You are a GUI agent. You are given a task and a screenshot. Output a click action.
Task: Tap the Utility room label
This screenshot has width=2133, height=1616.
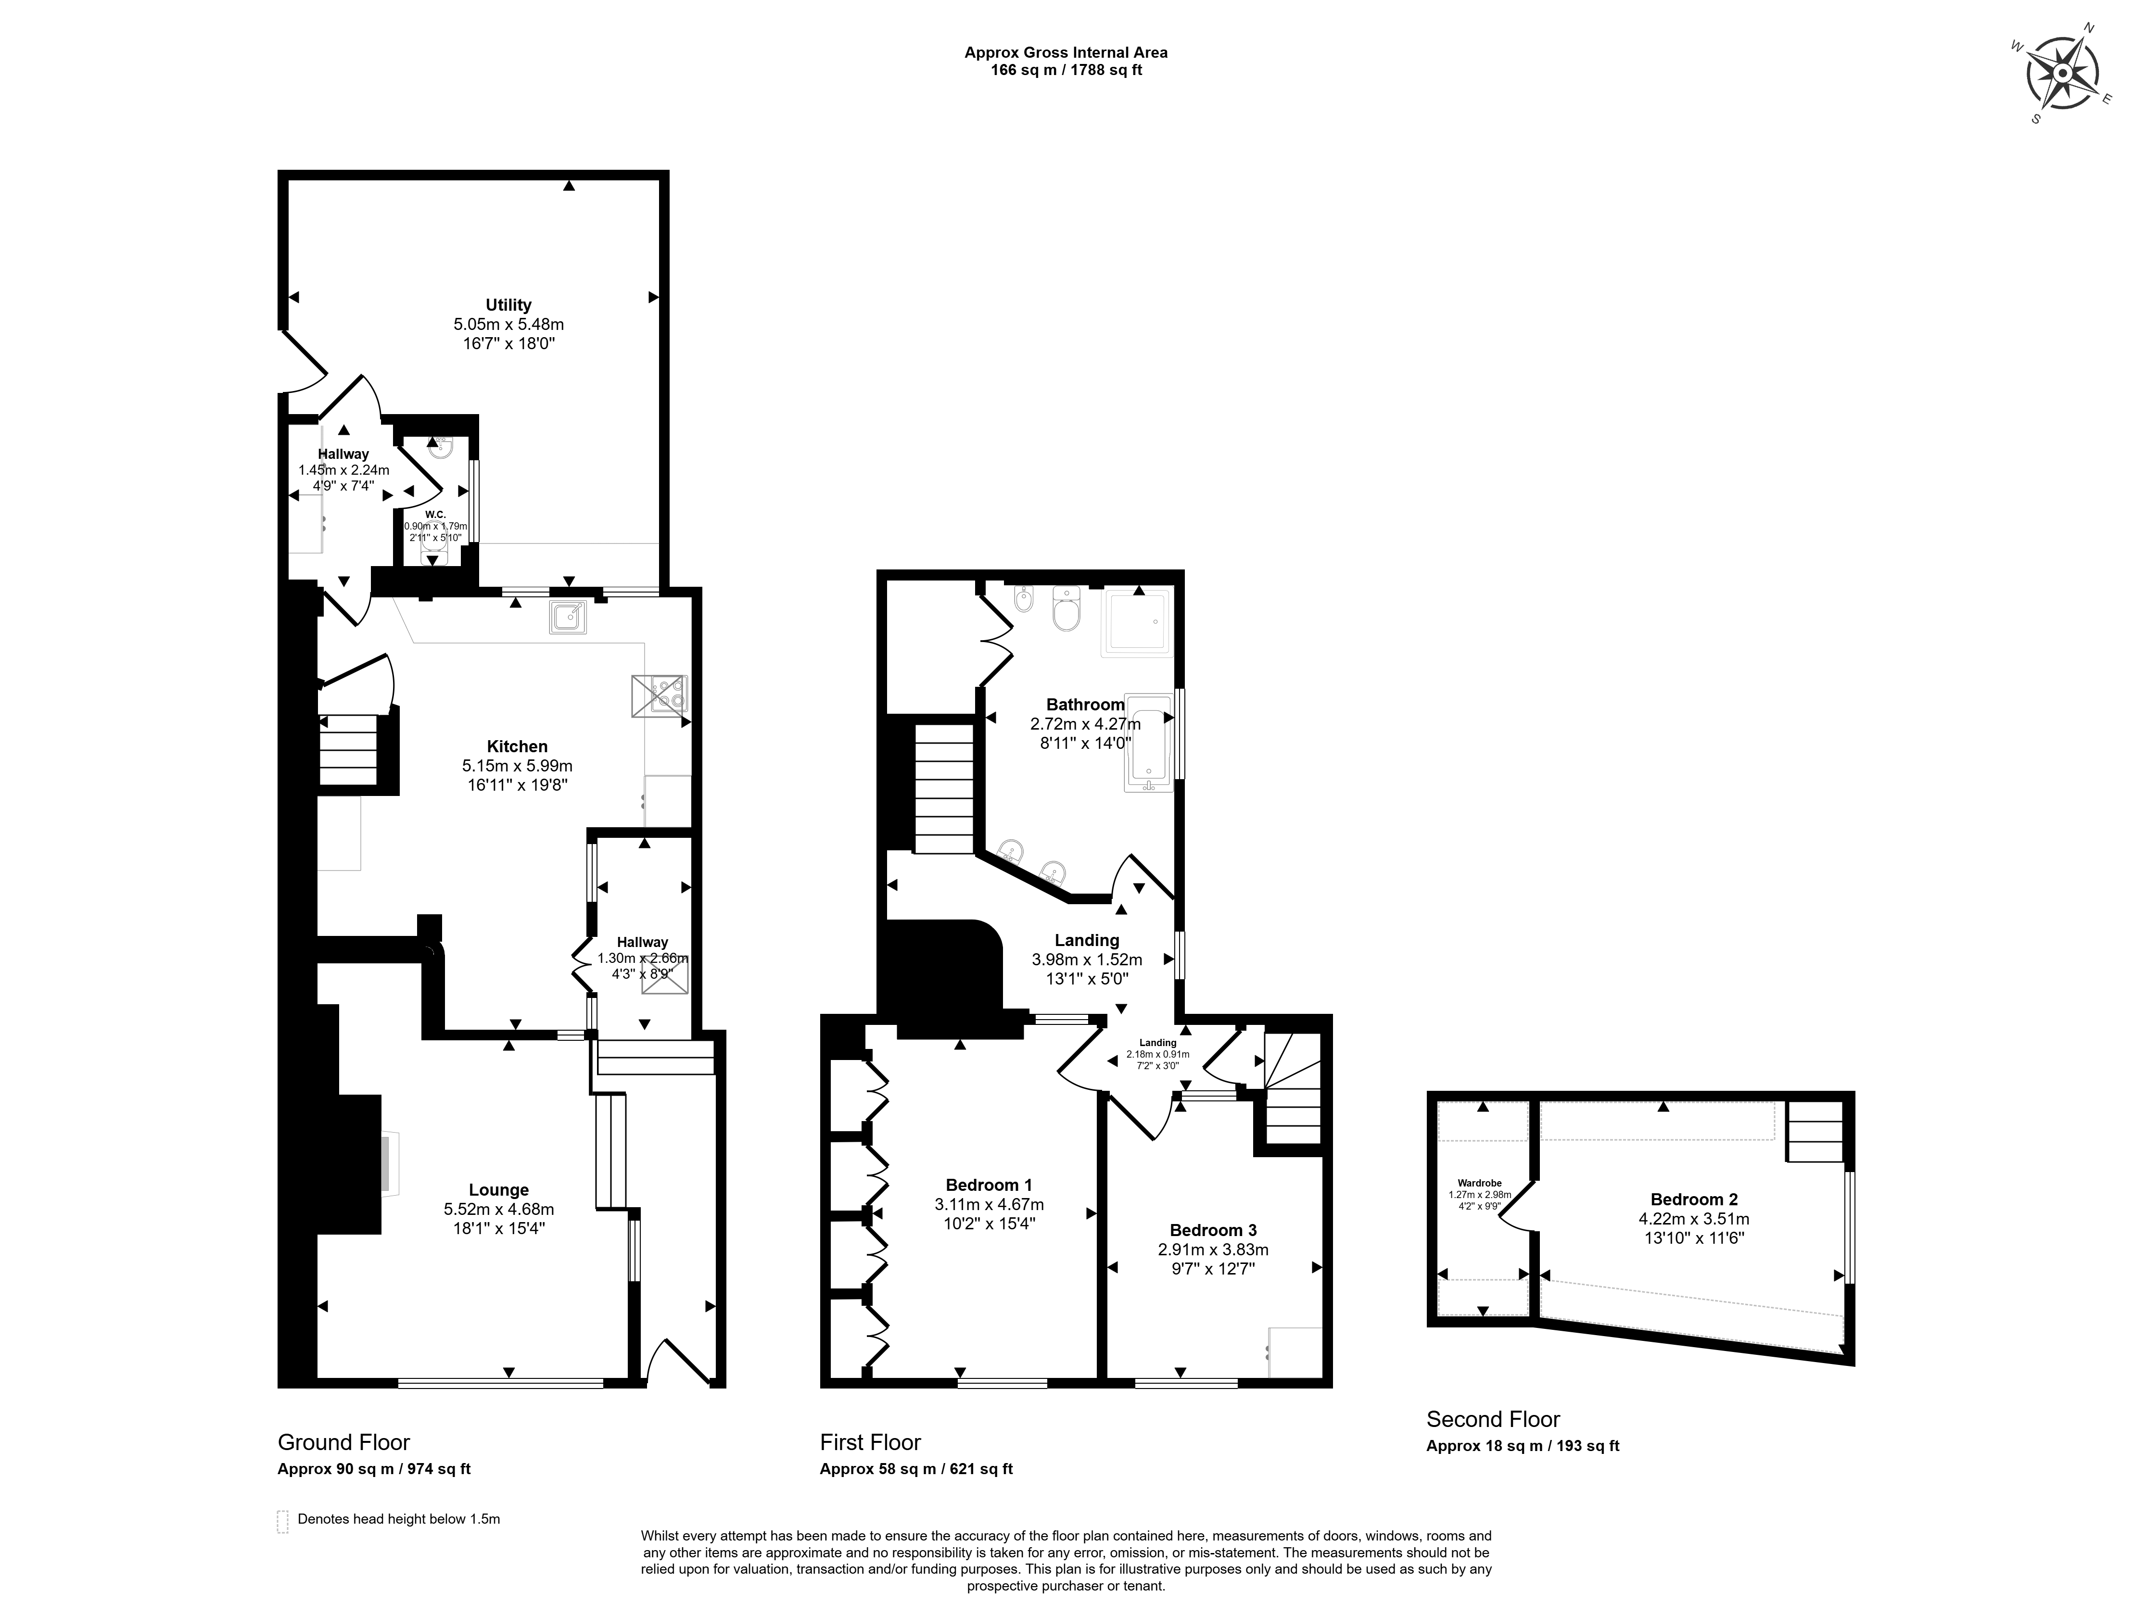(x=508, y=305)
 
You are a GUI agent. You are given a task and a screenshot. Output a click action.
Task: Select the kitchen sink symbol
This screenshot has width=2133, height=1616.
(x=568, y=616)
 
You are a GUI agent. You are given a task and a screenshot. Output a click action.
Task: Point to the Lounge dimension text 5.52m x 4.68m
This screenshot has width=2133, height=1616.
(x=498, y=1209)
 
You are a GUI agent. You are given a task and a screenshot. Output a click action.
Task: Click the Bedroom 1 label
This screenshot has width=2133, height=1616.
(x=989, y=1185)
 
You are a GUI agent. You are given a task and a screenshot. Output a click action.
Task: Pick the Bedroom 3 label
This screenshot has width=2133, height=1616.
(x=1213, y=1230)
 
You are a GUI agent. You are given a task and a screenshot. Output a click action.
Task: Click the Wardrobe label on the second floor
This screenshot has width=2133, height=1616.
(x=1479, y=1183)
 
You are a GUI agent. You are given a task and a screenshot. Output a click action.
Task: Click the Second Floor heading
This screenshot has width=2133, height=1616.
(x=1493, y=1419)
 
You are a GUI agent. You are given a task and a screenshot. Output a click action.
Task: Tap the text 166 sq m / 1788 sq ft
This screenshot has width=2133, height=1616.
(x=1066, y=69)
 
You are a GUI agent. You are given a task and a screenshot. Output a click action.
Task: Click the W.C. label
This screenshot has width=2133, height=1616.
(x=435, y=514)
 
